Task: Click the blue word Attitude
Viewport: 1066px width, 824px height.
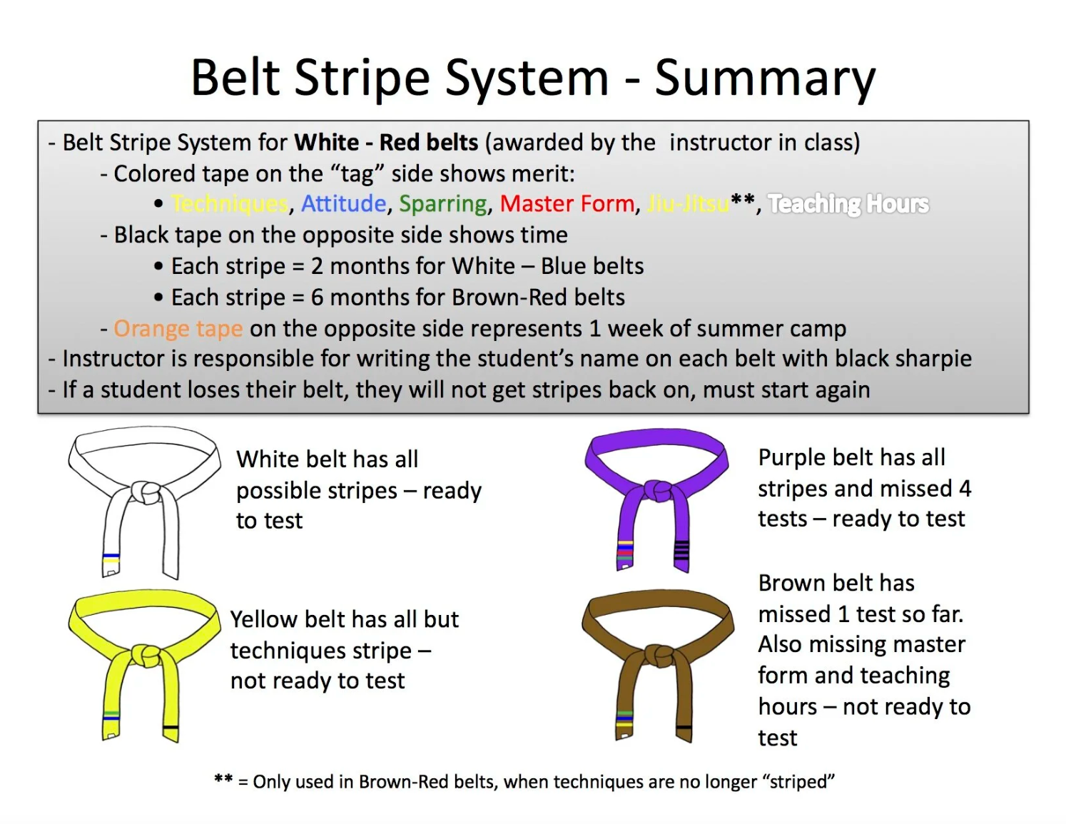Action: [343, 204]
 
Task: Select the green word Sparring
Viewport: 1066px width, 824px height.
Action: [443, 204]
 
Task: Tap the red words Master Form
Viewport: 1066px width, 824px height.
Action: [567, 204]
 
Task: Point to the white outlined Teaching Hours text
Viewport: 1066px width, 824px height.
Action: [848, 204]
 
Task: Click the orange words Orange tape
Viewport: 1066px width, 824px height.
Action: [178, 329]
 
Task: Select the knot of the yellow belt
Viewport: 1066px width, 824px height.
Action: [146, 654]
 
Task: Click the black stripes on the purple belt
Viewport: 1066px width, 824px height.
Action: [681, 550]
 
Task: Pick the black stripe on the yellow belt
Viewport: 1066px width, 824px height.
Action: [171, 727]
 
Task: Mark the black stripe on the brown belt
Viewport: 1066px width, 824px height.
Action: [684, 727]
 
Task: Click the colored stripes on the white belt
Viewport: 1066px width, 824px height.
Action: [111, 559]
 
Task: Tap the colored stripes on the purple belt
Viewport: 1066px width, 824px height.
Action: [624, 550]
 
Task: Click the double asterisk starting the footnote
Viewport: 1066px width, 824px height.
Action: [223, 781]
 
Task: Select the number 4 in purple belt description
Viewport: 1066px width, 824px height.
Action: [965, 489]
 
